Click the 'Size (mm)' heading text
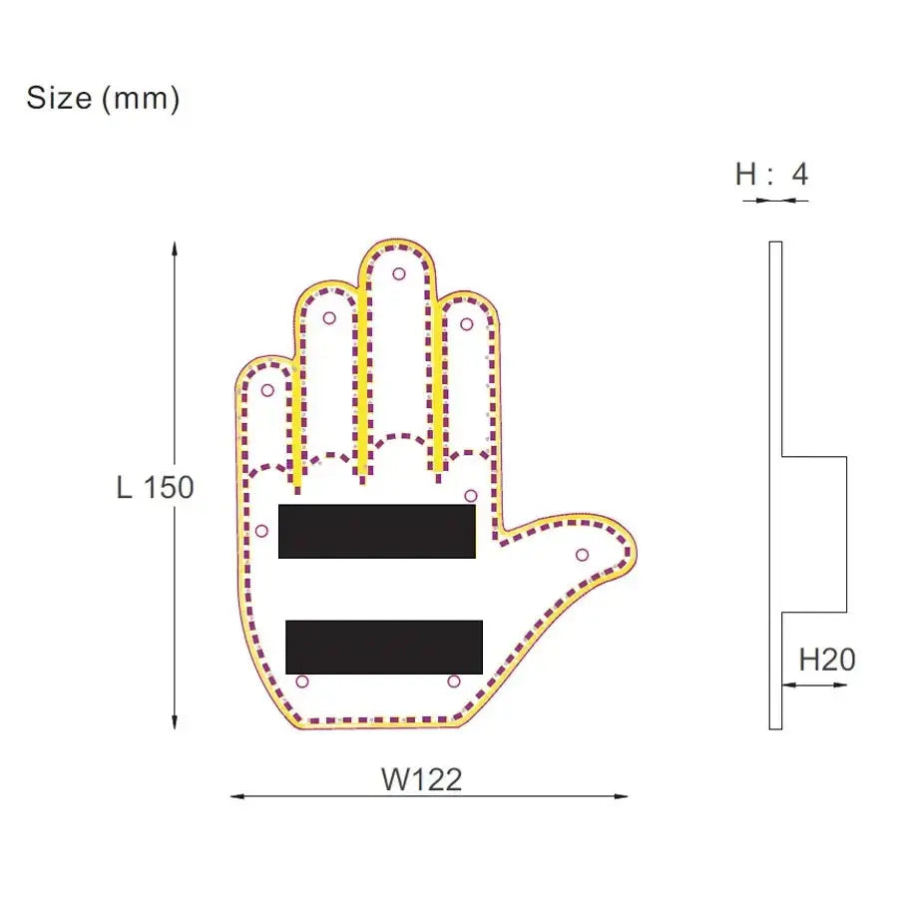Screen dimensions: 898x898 point(103,99)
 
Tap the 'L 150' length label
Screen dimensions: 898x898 point(155,488)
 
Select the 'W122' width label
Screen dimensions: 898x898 point(421,779)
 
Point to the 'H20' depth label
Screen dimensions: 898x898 point(827,660)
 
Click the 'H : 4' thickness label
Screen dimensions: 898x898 point(771,175)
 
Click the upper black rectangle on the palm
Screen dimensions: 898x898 point(376,531)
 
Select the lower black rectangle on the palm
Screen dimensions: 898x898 point(384,647)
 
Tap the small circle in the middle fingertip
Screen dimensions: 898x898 point(399,273)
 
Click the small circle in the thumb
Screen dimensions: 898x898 point(582,555)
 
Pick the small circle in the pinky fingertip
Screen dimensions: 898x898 point(266,390)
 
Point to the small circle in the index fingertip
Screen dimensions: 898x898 point(466,323)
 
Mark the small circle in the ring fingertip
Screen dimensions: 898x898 point(329,318)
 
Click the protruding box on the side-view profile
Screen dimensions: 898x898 point(814,534)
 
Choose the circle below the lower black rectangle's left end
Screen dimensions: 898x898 point(302,681)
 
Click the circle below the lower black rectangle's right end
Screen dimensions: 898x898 point(454,681)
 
